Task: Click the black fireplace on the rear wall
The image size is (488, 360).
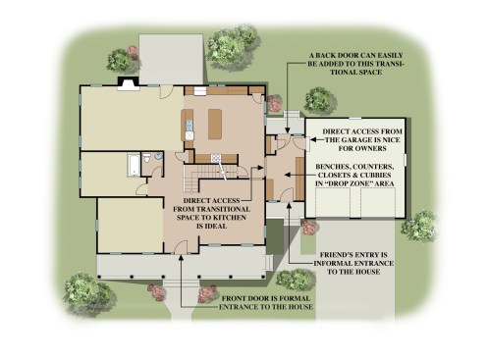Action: click(x=128, y=83)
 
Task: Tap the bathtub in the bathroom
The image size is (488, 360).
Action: click(x=134, y=165)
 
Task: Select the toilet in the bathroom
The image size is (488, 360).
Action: click(x=147, y=158)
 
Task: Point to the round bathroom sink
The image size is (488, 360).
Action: click(x=158, y=156)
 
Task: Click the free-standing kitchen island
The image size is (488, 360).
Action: click(x=215, y=125)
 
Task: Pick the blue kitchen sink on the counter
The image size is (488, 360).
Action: click(x=190, y=125)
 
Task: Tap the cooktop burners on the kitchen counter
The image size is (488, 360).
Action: click(x=216, y=158)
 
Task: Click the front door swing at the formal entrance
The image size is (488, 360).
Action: click(x=181, y=247)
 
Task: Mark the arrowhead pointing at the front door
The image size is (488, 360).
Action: click(x=181, y=258)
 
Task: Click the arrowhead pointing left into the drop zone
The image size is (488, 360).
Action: click(x=288, y=175)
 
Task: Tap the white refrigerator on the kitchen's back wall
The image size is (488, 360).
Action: click(x=199, y=91)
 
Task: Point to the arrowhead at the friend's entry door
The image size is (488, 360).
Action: click(x=290, y=205)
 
